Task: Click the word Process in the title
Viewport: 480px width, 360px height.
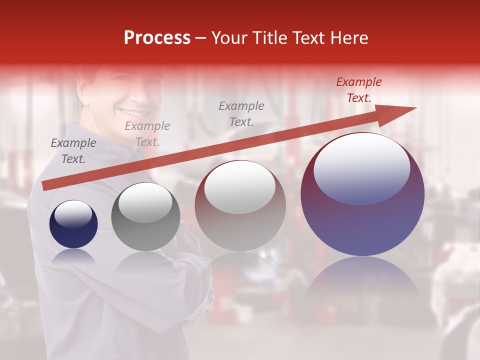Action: click(x=157, y=38)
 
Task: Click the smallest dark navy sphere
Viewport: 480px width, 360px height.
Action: click(x=73, y=224)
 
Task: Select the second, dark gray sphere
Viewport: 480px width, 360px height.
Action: click(x=145, y=217)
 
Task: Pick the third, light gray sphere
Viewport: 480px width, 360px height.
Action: click(x=240, y=206)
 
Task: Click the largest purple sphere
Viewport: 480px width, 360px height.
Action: click(x=362, y=195)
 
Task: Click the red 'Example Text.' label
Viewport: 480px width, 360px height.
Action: click(x=358, y=90)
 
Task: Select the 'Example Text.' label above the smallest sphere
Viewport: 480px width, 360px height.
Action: click(x=73, y=151)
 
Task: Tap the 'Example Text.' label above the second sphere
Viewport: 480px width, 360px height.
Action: click(x=147, y=134)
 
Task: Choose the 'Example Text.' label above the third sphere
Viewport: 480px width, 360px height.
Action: click(x=241, y=114)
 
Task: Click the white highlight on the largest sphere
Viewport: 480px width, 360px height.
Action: click(x=361, y=167)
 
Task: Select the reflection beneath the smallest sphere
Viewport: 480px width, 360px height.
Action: click(x=73, y=256)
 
